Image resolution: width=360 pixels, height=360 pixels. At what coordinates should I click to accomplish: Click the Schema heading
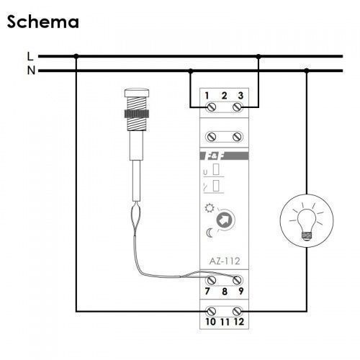click(x=43, y=22)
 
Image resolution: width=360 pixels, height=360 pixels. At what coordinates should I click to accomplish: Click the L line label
click(x=30, y=56)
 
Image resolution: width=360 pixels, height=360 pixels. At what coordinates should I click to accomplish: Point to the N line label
click(x=31, y=71)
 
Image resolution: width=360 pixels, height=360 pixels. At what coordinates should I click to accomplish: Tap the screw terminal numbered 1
click(x=211, y=107)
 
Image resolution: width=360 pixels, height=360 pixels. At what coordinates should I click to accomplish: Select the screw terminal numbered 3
click(x=238, y=107)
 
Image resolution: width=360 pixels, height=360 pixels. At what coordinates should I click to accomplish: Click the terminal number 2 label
click(x=224, y=96)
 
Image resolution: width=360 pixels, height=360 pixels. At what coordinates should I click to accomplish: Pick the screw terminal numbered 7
click(x=211, y=280)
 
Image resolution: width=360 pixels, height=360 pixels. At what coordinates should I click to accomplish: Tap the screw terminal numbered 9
click(x=238, y=280)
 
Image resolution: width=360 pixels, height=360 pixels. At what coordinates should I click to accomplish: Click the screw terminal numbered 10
click(x=211, y=312)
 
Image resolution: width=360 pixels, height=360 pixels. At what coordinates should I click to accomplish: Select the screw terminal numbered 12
click(x=238, y=312)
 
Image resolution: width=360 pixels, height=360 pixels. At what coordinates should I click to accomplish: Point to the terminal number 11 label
click(x=225, y=322)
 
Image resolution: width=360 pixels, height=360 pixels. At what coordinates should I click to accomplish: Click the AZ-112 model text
click(x=225, y=261)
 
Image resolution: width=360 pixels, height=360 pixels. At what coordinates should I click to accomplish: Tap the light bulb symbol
click(x=307, y=221)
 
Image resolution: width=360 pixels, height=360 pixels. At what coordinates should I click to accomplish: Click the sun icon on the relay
click(x=210, y=208)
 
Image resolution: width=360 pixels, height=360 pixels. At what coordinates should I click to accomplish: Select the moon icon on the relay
click(x=210, y=233)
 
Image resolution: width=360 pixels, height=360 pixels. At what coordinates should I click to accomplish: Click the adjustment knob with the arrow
click(x=225, y=220)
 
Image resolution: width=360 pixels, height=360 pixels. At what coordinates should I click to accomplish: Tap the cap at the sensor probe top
click(x=137, y=92)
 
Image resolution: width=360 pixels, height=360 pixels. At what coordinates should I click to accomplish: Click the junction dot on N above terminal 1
click(x=191, y=71)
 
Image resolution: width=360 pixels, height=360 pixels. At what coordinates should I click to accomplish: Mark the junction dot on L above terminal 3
click(x=258, y=56)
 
